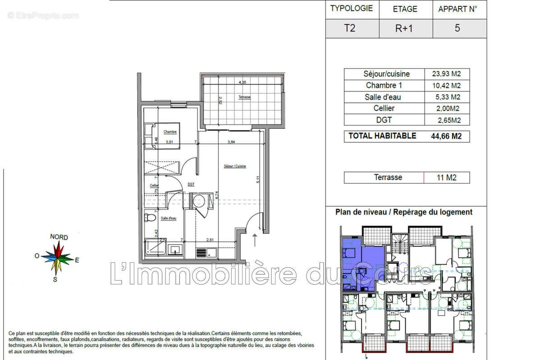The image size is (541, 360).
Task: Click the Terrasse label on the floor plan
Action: coord(245,97)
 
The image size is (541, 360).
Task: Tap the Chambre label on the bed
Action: coord(170,132)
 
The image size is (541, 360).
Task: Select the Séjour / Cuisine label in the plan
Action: coord(235,166)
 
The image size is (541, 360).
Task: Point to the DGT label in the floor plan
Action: coord(191,185)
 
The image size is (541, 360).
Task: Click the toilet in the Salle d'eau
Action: coord(150,218)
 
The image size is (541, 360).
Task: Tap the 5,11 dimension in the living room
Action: coord(258,179)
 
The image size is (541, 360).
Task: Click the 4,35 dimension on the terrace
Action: coord(242,82)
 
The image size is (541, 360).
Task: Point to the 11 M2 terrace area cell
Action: coord(446,178)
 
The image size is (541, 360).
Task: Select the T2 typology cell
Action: coord(349,28)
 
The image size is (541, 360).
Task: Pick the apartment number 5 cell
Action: coord(457,28)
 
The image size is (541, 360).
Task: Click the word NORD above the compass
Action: coord(59,237)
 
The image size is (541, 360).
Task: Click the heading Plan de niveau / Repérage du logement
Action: coord(403,212)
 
